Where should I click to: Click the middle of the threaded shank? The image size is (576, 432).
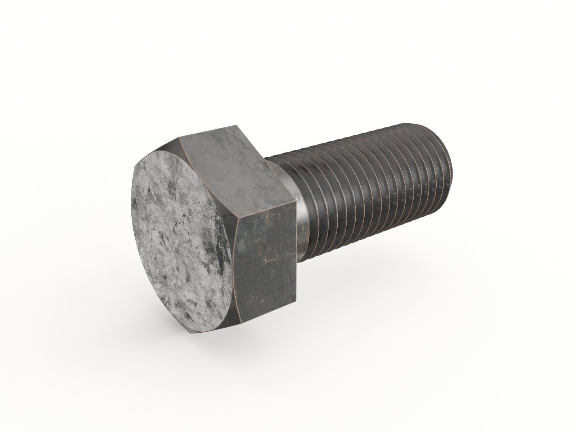click(371, 191)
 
